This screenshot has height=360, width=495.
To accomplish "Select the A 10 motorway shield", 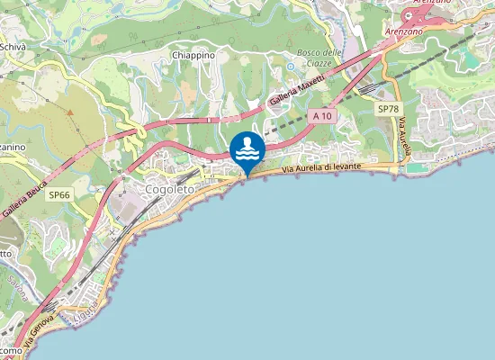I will coord(324,116).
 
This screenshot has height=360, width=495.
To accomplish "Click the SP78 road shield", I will coord(387,108).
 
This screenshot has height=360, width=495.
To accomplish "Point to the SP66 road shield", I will coord(59,194).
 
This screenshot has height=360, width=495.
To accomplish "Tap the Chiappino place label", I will coord(193,55).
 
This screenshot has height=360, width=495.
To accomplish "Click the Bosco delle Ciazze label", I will coord(320,57).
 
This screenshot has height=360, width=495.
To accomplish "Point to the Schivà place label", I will coord(12,47).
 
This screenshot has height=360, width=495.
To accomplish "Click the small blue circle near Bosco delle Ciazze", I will coord(290,67).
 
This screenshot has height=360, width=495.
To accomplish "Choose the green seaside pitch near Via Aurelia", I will coord(414,166).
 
